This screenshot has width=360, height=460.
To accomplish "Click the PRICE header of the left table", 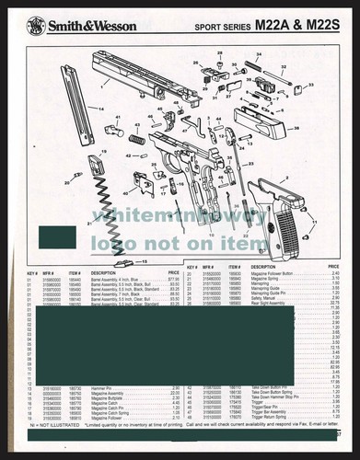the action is tap(172, 273).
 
